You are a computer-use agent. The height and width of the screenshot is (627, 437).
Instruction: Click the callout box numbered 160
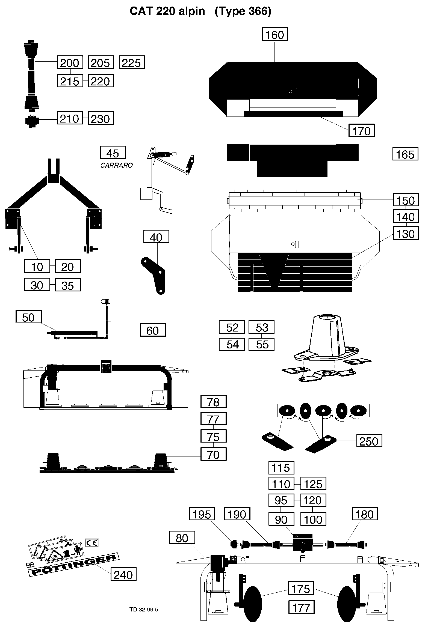coord(275,34)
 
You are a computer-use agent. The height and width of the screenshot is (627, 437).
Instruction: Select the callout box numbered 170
coord(361,130)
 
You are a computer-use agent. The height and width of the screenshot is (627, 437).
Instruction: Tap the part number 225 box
coord(131,62)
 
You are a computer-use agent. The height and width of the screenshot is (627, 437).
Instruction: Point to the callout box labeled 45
coord(113,153)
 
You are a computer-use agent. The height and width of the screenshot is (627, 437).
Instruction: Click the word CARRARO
coord(116,165)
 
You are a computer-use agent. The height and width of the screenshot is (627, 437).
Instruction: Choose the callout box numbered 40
coord(156,237)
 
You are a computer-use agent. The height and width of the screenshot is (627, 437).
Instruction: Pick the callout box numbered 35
coord(67,285)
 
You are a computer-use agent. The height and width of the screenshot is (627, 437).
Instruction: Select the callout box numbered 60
coord(153,330)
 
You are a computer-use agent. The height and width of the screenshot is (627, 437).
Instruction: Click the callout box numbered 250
coord(369,441)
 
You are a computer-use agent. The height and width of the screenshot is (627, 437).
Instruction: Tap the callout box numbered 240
coord(123,574)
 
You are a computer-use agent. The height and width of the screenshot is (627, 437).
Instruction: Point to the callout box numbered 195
coord(202,514)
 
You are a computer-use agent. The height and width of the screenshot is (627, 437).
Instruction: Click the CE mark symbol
coord(92,543)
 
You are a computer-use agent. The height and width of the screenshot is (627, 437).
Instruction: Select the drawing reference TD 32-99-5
coord(144,609)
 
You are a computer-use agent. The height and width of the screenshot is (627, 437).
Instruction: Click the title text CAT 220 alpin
coord(167,11)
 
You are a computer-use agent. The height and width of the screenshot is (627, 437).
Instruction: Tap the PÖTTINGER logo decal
coord(74,565)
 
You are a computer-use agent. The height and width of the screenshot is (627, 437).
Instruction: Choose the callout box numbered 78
coord(213,402)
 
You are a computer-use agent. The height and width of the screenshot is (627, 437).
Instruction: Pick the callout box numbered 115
coord(281,468)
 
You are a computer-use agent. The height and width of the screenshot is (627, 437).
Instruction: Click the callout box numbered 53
coord(261,327)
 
